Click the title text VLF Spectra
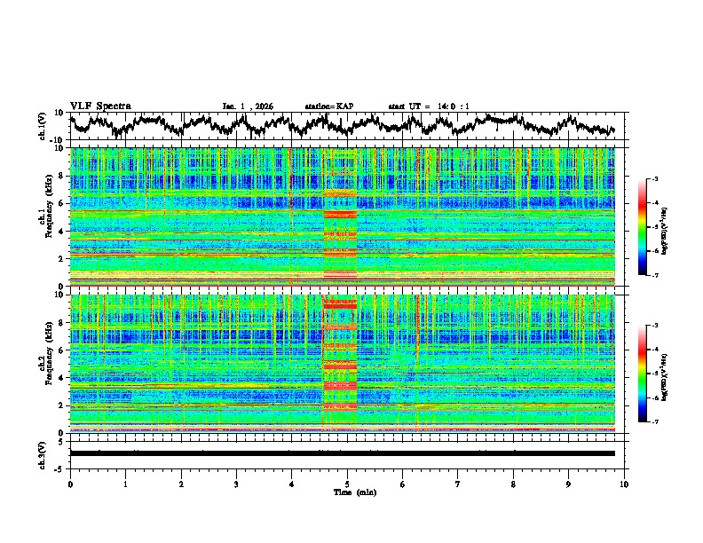click(100, 106)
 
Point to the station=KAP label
click(329, 106)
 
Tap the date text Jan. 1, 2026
click(248, 106)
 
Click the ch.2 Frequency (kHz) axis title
click(45, 363)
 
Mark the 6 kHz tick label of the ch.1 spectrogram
click(61, 204)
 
